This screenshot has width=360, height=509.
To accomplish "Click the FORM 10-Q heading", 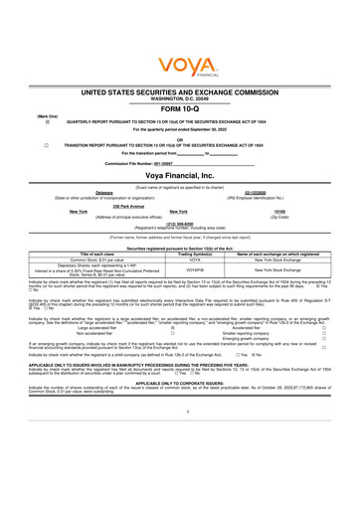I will click(179, 109).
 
